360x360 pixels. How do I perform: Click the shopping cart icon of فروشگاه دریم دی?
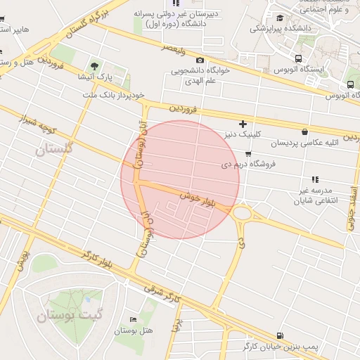(248, 154)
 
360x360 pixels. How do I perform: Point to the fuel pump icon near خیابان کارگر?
(281, 336)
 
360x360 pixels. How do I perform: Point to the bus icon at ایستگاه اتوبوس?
(300, 59)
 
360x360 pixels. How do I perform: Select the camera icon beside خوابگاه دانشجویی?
(200, 60)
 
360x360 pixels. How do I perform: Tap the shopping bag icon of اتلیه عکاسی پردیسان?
(304, 131)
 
